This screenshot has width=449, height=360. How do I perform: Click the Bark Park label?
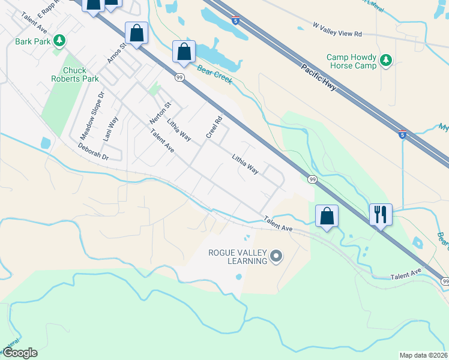click(x=32, y=41)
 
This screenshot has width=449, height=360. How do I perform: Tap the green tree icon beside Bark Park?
click(x=59, y=41)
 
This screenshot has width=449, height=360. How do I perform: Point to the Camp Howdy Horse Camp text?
click(x=351, y=61)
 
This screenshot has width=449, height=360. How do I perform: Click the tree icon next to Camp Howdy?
click(x=386, y=60)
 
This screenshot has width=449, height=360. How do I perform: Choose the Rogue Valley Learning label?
click(x=237, y=257)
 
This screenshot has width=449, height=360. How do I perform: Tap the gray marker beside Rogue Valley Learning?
click(x=276, y=257)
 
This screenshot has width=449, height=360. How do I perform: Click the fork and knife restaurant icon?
click(x=381, y=214)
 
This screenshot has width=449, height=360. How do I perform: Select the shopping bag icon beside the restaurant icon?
click(x=327, y=216)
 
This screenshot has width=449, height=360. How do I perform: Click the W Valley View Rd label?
click(x=337, y=31)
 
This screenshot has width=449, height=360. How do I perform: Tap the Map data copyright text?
click(x=423, y=355)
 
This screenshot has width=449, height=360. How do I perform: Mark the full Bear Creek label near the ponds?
click(x=215, y=75)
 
